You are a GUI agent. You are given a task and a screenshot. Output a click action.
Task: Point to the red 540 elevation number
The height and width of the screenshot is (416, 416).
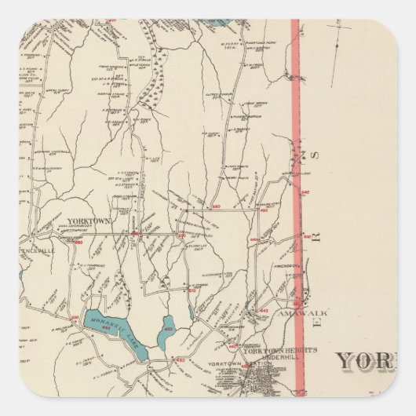[x=305, y=192]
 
